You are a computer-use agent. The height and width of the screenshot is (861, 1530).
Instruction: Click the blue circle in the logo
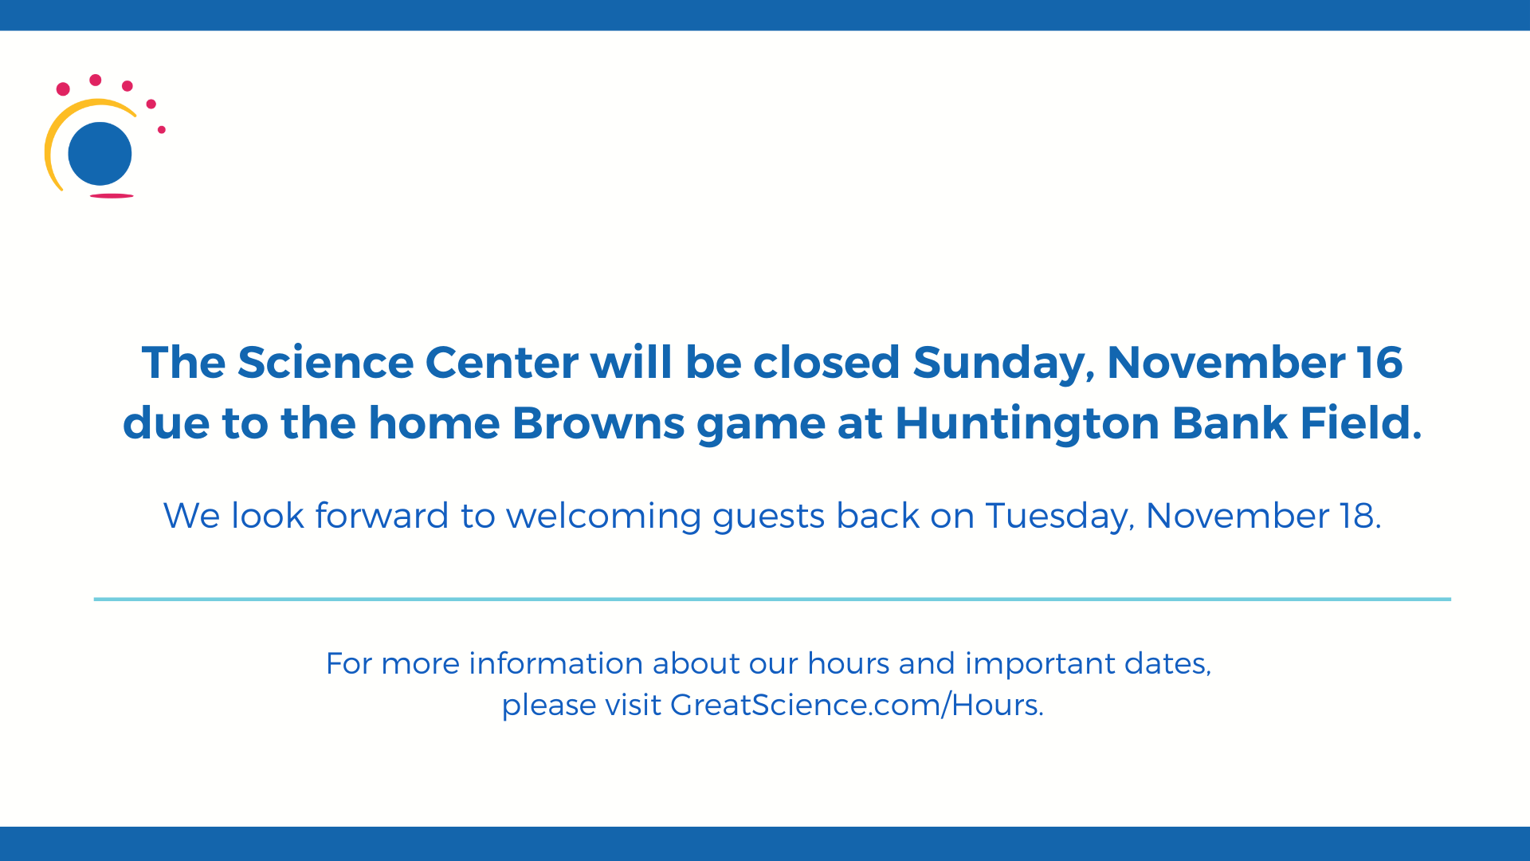(x=100, y=153)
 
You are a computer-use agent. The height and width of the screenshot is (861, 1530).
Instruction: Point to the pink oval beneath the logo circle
(x=112, y=195)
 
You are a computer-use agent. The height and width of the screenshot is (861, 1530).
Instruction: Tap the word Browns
(x=598, y=423)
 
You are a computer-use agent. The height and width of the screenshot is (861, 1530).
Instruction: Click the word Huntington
(x=1027, y=423)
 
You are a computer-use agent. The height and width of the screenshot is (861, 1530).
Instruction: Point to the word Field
(x=1361, y=423)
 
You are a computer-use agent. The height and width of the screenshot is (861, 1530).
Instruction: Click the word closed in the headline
(x=826, y=363)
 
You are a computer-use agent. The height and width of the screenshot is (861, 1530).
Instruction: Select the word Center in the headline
(x=501, y=363)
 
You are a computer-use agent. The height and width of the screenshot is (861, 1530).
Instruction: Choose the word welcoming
(x=603, y=517)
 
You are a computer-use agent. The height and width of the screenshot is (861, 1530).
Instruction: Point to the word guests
(x=768, y=517)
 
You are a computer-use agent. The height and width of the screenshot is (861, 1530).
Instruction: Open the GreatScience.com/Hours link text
(x=857, y=706)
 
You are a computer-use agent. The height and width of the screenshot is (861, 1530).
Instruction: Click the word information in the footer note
(x=555, y=663)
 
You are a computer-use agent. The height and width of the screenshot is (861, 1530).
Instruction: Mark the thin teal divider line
(x=771, y=599)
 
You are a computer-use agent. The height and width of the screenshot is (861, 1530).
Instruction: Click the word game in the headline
(x=760, y=424)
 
